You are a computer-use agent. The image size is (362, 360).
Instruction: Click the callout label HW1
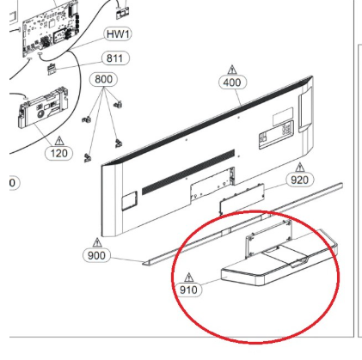click(118, 34)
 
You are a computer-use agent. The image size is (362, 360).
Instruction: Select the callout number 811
click(115, 58)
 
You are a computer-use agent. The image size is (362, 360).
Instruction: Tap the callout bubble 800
click(104, 79)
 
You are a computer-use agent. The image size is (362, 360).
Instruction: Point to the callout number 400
click(232, 82)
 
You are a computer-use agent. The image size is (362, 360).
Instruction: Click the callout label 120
click(59, 153)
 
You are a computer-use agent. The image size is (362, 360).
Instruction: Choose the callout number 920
click(299, 180)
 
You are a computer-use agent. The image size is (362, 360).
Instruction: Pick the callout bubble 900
click(96, 255)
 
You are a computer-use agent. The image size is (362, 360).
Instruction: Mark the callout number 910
click(188, 290)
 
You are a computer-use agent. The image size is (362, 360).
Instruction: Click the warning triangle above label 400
click(232, 70)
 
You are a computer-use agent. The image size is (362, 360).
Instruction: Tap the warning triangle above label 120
click(59, 141)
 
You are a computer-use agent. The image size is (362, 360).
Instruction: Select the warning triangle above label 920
click(300, 168)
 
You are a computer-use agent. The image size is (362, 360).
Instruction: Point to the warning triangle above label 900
click(97, 242)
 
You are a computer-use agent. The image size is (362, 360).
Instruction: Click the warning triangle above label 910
click(188, 278)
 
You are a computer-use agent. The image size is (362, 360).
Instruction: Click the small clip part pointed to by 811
click(52, 69)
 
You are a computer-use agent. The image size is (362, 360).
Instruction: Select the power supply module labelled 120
click(44, 108)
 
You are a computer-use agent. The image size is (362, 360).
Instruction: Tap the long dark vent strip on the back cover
click(188, 172)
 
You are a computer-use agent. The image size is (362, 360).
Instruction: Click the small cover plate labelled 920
click(242, 198)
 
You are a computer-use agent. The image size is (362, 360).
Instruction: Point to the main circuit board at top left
click(51, 28)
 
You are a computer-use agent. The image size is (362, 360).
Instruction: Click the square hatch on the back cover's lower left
click(130, 201)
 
